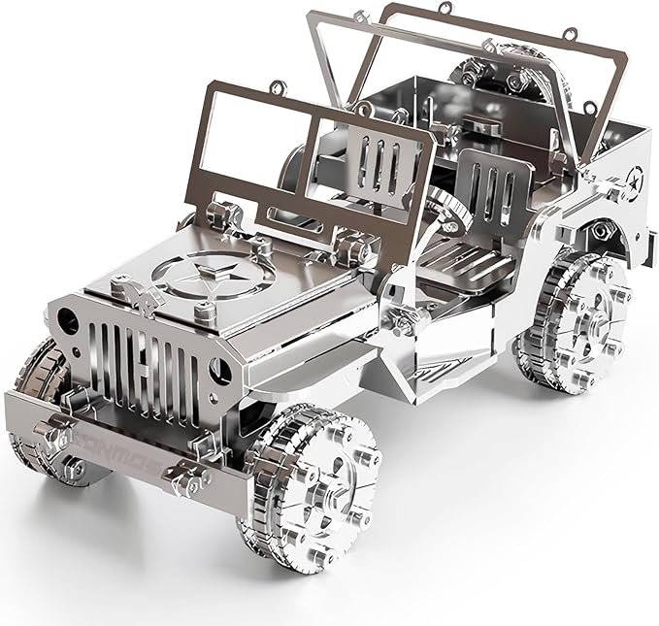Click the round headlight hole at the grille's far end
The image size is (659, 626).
(66, 317)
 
